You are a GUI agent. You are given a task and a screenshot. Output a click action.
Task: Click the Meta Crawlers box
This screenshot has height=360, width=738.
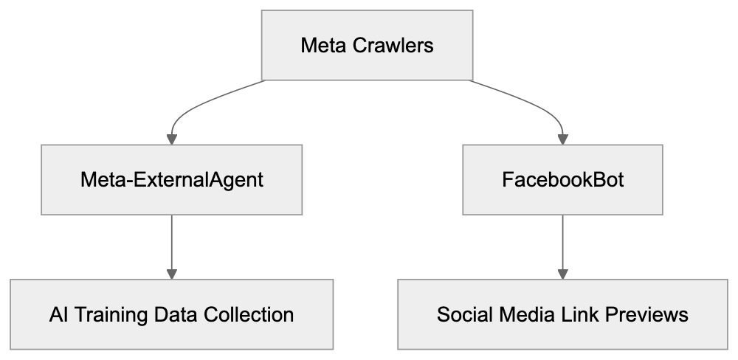click(367, 45)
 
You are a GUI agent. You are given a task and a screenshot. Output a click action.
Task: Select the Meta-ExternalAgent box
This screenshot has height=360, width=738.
click(171, 180)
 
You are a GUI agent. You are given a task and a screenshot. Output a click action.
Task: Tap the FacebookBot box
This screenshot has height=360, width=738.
click(563, 180)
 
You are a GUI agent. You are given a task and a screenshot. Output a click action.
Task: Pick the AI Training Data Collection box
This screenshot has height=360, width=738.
click(171, 314)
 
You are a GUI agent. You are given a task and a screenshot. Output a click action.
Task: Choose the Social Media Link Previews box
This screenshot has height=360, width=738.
click(563, 314)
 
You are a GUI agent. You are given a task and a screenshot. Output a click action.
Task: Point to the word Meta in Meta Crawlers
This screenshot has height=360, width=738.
click(322, 46)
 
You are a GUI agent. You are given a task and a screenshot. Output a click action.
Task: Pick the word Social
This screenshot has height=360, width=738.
click(461, 315)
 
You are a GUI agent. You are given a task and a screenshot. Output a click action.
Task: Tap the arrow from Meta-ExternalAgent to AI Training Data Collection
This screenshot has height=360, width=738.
click(171, 247)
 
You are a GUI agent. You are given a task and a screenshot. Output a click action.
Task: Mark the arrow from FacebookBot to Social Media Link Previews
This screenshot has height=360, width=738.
click(563, 247)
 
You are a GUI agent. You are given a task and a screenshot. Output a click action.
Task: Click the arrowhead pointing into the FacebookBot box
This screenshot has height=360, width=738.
click(563, 138)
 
